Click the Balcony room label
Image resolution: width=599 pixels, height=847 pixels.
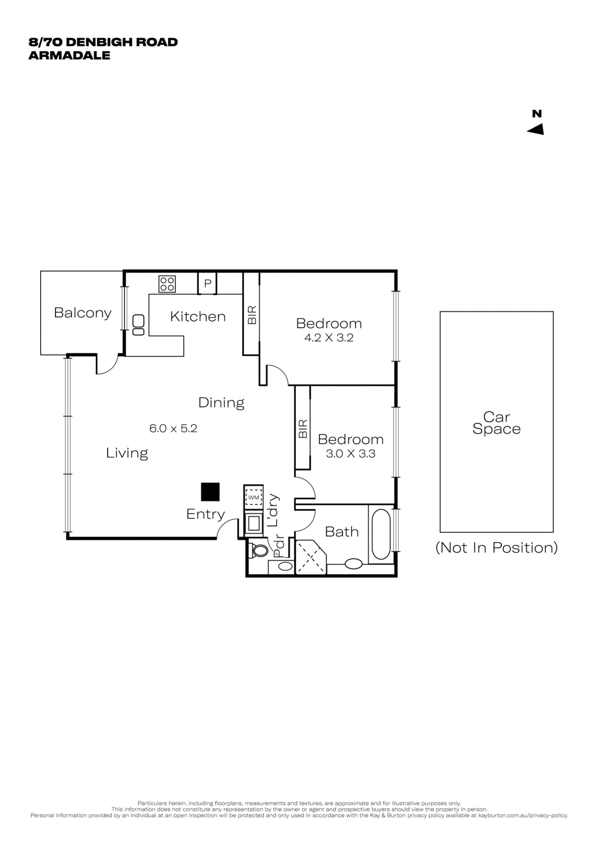point(83,313)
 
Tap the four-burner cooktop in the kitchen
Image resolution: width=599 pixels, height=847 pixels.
point(167,284)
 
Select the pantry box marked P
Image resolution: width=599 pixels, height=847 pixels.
point(207,283)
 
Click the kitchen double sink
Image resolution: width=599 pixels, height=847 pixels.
point(138,325)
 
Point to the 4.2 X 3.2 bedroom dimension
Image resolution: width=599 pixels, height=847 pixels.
point(329,338)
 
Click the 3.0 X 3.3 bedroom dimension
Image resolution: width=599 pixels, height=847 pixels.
point(350,453)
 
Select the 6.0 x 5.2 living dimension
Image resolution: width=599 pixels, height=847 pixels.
point(173,428)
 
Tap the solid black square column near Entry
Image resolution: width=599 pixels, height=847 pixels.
point(210,492)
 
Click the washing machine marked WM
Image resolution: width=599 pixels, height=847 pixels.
point(254,497)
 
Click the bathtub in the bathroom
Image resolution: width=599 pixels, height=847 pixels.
point(381,534)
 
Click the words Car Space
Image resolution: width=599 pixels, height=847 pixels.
point(496,423)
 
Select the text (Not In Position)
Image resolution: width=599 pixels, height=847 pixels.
point(496,548)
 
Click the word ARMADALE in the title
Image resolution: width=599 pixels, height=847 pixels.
point(69,55)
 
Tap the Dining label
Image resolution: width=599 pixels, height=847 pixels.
point(221,403)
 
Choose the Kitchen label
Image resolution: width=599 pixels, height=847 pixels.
point(198,317)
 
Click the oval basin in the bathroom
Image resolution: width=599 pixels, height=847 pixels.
point(353,564)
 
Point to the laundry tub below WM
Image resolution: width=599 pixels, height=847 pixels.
point(254,523)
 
